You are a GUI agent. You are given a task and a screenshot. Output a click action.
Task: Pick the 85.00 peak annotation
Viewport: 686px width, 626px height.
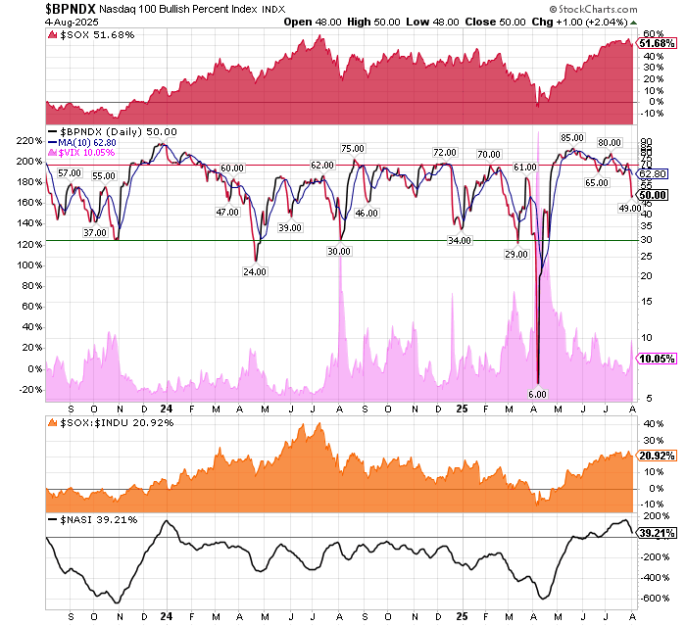click(572, 138)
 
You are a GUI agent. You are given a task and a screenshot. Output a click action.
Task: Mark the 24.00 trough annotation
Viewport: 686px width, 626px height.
click(255, 271)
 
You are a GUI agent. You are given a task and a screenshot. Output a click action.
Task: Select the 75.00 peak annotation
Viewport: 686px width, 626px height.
click(352, 149)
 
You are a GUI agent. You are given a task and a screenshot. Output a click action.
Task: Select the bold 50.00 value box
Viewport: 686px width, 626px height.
click(654, 195)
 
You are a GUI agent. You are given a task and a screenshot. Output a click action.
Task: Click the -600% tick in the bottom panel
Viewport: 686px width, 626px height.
click(654, 597)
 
